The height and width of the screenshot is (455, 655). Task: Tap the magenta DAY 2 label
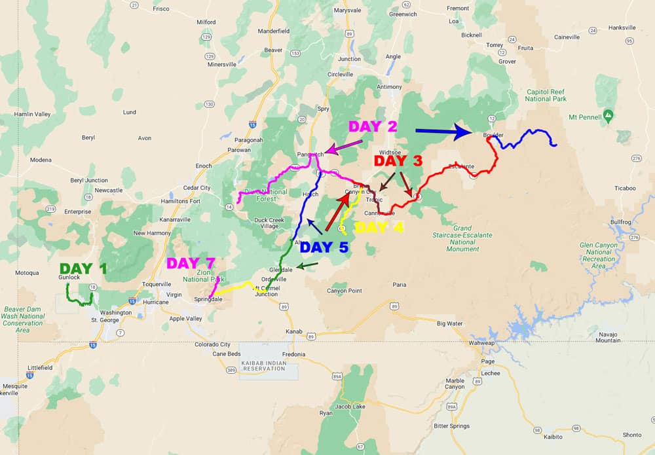pyautogui.click(x=373, y=126)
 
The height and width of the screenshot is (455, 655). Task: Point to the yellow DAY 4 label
pyautogui.click(x=379, y=228)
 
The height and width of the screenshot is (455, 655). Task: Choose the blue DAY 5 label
pyautogui.click(x=325, y=247)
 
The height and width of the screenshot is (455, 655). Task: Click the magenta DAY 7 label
pyautogui.click(x=191, y=263)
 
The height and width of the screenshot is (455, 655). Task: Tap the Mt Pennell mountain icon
pyautogui.click(x=609, y=116)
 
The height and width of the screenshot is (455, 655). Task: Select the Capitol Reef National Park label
pyautogui.click(x=546, y=96)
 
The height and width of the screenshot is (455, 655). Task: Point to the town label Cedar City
pyautogui.click(x=196, y=188)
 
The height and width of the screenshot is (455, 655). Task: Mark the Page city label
pyautogui.click(x=487, y=361)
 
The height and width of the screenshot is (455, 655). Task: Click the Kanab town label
pyautogui.click(x=295, y=331)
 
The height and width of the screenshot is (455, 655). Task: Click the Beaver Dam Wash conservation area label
pyautogui.click(x=23, y=319)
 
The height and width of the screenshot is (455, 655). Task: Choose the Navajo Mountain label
pyautogui.click(x=608, y=337)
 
